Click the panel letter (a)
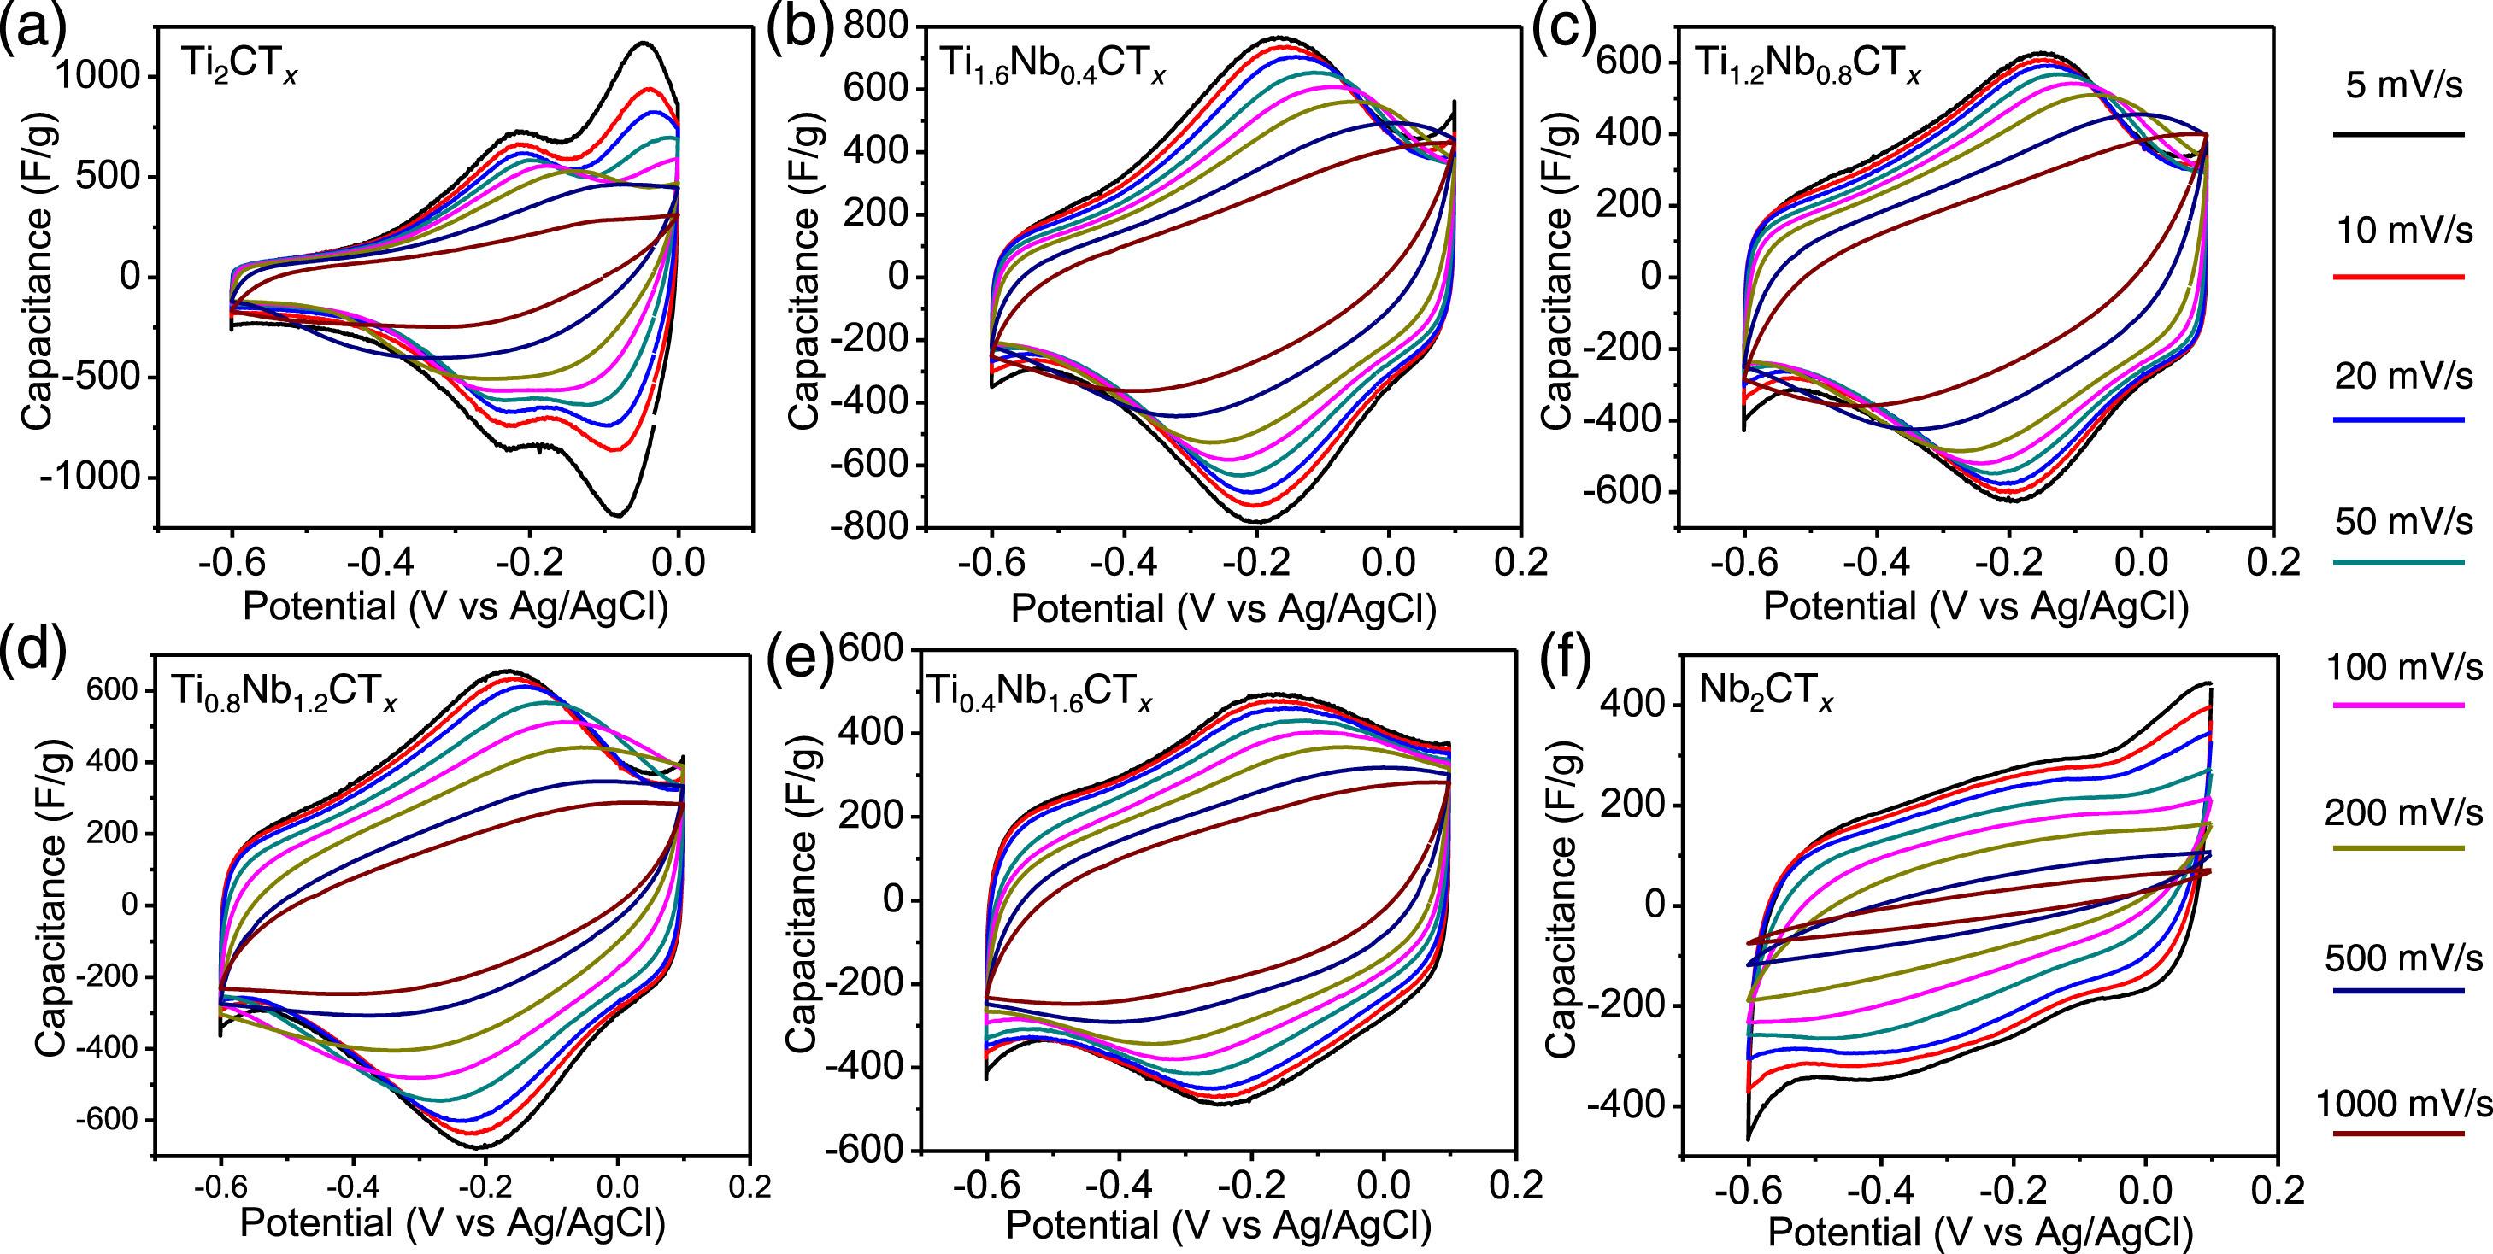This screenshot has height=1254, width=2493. [x=34, y=31]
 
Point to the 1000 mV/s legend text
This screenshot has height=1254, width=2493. [x=2404, y=1104]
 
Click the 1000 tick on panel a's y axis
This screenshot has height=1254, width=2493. [x=99, y=76]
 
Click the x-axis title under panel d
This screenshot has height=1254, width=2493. [x=452, y=1224]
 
